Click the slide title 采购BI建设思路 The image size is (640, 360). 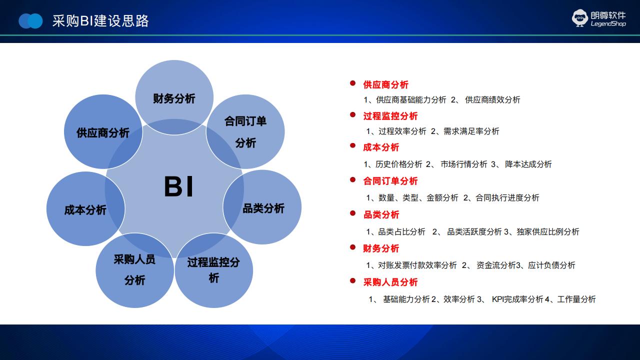pyautogui.click(x=100, y=21)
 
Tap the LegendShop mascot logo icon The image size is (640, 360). pyautogui.click(x=579, y=18)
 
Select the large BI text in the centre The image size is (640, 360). pyautogui.click(x=179, y=186)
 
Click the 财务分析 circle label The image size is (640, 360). pyautogui.click(x=174, y=98)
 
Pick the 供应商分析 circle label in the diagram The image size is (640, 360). pyautogui.click(x=103, y=133)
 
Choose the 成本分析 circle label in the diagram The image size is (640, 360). pyautogui.click(x=85, y=210)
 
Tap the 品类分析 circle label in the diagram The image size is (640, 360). pyautogui.click(x=263, y=208)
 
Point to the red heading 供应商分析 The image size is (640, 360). pyautogui.click(x=385, y=84)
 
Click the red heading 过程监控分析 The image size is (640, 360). pyautogui.click(x=390, y=116)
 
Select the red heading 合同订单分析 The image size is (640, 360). pyautogui.click(x=390, y=181)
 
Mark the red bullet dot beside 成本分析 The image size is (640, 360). pyautogui.click(x=352, y=145)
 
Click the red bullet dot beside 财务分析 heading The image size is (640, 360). pyautogui.click(x=352, y=247)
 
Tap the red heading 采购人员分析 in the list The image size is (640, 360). pyautogui.click(x=390, y=282)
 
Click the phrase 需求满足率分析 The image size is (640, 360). pyautogui.click(x=471, y=131)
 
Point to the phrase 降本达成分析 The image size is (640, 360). pyautogui.click(x=528, y=164)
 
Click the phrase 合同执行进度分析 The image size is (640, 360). pyautogui.click(x=507, y=197)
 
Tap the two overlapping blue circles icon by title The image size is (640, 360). pyautogui.click(x=30, y=21)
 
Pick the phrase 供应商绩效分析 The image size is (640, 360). pyautogui.click(x=492, y=99)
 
